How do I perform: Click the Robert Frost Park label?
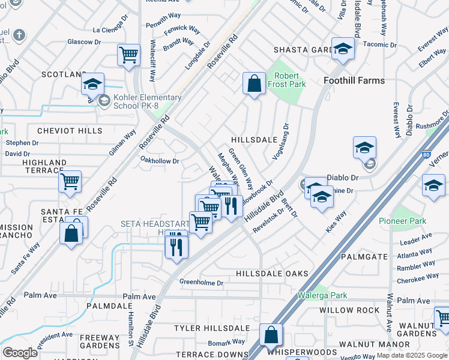coord(290,80)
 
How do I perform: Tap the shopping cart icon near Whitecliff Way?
coord(129,55)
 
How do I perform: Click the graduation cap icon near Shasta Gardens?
coord(343,49)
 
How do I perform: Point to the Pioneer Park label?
coord(402,221)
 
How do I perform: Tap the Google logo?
coord(20,353)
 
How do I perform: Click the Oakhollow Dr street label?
coord(160,161)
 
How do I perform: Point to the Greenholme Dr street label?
coord(202,282)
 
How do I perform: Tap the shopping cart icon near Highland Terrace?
coord(70,181)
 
